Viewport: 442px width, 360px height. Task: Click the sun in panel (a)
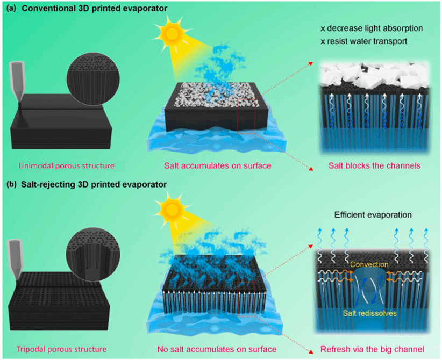[173, 34]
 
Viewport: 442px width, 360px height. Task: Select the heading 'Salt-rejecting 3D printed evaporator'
[88, 185]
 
